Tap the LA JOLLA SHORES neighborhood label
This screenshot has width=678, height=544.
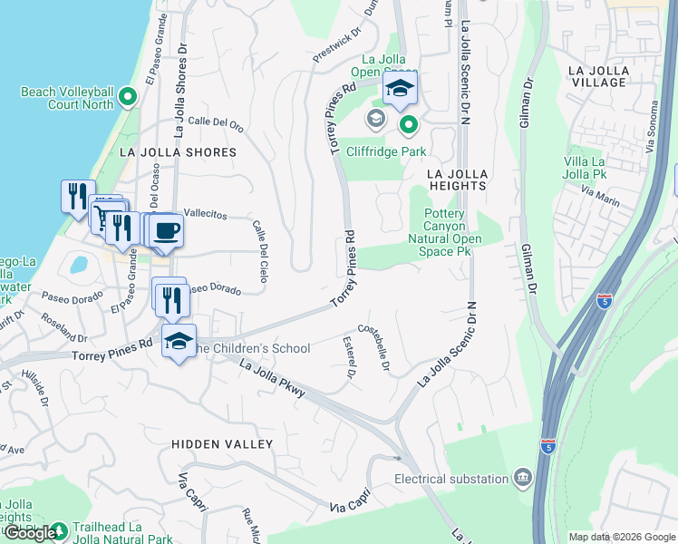[x=178, y=152]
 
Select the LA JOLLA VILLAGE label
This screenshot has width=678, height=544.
[x=596, y=76]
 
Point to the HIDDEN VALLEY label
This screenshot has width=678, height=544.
[x=222, y=444]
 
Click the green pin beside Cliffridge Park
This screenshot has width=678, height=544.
[x=409, y=124]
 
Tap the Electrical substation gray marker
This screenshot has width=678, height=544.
[x=523, y=477]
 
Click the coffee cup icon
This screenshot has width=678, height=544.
[x=166, y=230]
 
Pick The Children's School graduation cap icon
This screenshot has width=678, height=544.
[x=179, y=342]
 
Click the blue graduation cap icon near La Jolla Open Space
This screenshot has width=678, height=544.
[x=398, y=89]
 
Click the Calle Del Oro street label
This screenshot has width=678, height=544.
[x=216, y=123]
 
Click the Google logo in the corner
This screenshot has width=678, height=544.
[x=29, y=533]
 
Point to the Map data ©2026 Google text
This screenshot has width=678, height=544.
[x=622, y=537]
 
